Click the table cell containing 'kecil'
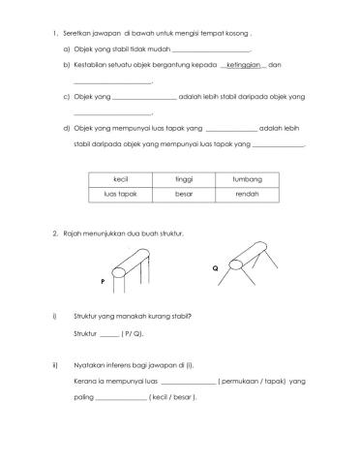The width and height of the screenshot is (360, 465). (121, 179)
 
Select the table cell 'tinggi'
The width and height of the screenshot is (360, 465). (184, 179)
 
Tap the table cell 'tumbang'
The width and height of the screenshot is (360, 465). (247, 179)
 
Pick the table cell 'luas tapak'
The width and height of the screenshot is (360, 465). (121, 194)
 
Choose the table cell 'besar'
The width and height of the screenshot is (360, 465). (184, 194)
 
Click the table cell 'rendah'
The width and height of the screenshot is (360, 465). (247, 194)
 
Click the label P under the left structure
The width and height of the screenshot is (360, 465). (102, 282)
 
